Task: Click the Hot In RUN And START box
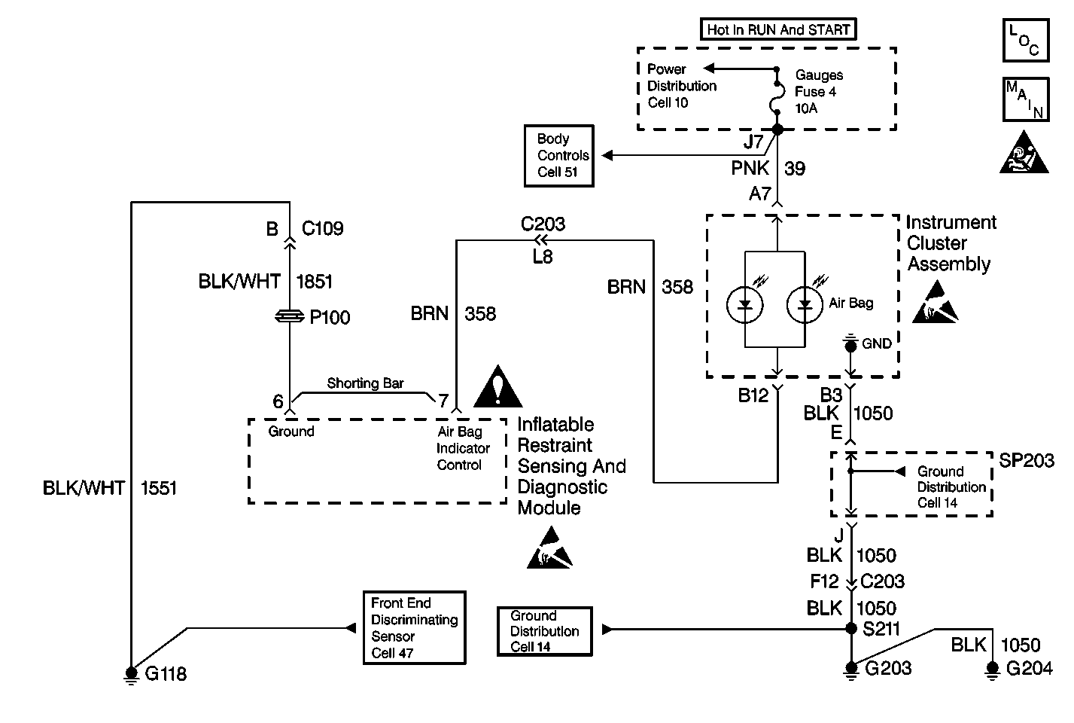click(x=778, y=30)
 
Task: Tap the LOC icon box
click(x=1025, y=41)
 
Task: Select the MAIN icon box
click(x=1025, y=99)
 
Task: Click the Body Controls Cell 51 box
click(x=559, y=156)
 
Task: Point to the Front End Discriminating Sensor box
click(x=414, y=627)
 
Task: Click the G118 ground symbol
click(x=132, y=673)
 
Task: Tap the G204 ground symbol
click(x=993, y=669)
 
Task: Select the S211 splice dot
click(x=851, y=628)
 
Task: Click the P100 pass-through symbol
click(x=290, y=317)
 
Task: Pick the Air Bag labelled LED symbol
click(x=805, y=305)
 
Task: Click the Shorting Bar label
click(x=365, y=383)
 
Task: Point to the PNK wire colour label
click(x=750, y=168)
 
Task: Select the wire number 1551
click(x=158, y=488)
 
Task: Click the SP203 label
click(x=1027, y=461)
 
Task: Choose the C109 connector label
click(x=322, y=229)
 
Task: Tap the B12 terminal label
click(x=753, y=395)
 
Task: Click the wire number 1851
click(x=314, y=282)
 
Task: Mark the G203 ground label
click(x=888, y=668)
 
